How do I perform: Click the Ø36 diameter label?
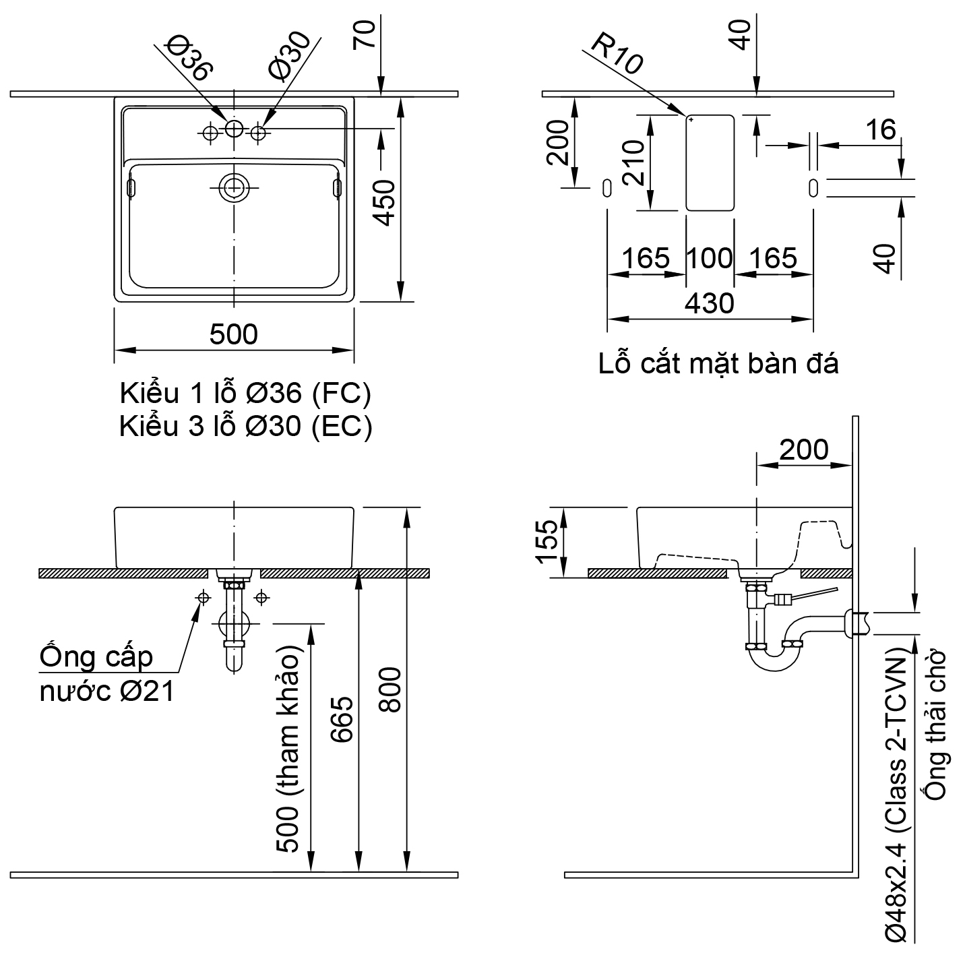click(191, 59)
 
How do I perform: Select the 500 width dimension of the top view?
click(233, 334)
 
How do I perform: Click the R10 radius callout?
click(617, 55)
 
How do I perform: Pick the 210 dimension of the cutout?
click(634, 163)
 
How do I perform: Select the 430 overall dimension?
click(709, 303)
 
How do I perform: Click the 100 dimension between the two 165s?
click(710, 258)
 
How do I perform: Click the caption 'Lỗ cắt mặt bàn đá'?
click(718, 364)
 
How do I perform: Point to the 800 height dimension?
click(390, 689)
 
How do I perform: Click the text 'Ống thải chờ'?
click(937, 725)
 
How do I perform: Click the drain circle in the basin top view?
click(233, 187)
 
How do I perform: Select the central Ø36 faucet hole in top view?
click(233, 129)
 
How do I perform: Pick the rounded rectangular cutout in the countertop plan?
click(710, 163)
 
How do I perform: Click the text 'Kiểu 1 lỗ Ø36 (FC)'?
click(245, 394)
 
